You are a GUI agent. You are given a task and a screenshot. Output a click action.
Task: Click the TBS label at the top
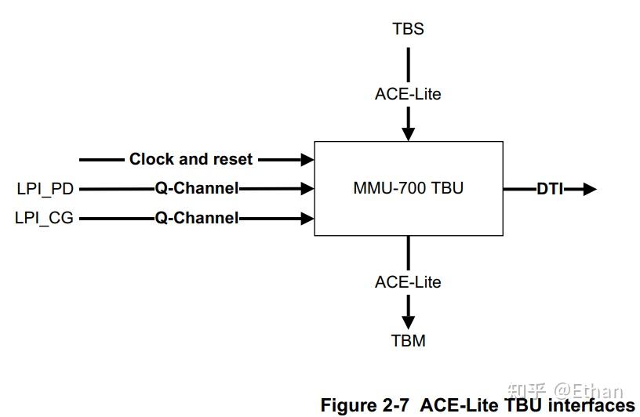click(408, 29)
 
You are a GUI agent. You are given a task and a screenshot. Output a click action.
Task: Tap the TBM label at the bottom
click(408, 341)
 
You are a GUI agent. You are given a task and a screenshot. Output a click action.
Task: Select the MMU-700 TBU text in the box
click(408, 189)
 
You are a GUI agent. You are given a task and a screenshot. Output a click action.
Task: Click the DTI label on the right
click(550, 189)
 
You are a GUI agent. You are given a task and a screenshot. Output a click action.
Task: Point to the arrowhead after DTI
click(589, 189)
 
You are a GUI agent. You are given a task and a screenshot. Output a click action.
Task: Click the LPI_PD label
click(45, 189)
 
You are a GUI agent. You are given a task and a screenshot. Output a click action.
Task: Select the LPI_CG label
click(45, 218)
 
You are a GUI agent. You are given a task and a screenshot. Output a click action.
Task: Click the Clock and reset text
click(191, 159)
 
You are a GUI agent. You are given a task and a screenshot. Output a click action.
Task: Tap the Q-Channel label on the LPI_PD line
click(196, 189)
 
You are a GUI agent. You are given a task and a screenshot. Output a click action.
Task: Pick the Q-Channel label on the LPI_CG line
click(196, 218)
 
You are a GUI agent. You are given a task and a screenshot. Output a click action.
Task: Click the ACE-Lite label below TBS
click(408, 94)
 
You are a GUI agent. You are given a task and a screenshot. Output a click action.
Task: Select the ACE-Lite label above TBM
click(408, 282)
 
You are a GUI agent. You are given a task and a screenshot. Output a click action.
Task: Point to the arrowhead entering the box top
click(408, 134)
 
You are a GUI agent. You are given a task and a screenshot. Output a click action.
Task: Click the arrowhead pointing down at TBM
click(408, 321)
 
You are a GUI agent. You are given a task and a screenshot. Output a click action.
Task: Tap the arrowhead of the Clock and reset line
click(307, 160)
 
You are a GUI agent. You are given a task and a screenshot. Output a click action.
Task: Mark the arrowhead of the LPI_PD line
click(307, 189)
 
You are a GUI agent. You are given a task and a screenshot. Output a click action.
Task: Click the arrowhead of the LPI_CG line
click(307, 218)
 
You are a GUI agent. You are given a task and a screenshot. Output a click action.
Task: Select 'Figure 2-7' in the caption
click(366, 405)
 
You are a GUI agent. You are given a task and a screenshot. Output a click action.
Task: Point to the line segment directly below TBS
click(408, 63)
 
